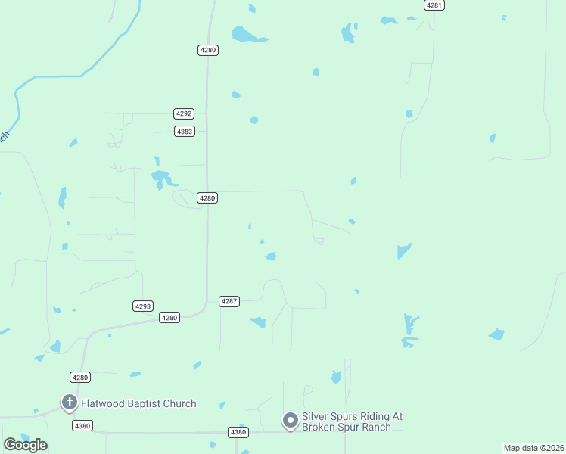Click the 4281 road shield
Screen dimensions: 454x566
point(434,5)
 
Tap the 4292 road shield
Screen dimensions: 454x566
point(184,113)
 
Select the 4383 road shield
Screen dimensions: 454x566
point(184,131)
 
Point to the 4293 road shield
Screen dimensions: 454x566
point(143,306)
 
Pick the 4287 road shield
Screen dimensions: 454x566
point(229,301)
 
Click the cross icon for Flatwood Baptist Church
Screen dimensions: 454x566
point(69,402)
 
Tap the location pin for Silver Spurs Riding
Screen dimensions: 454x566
point(290,420)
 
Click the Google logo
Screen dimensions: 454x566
point(25,444)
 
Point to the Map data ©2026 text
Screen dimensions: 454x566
point(533,448)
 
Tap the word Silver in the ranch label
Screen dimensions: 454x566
point(316,416)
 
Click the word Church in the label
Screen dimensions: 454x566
point(179,403)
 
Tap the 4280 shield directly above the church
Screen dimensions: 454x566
point(80,377)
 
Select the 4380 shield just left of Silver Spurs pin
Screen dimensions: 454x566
point(238,432)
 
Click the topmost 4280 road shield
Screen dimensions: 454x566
point(208,50)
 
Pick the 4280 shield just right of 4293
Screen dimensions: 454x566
point(169,318)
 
